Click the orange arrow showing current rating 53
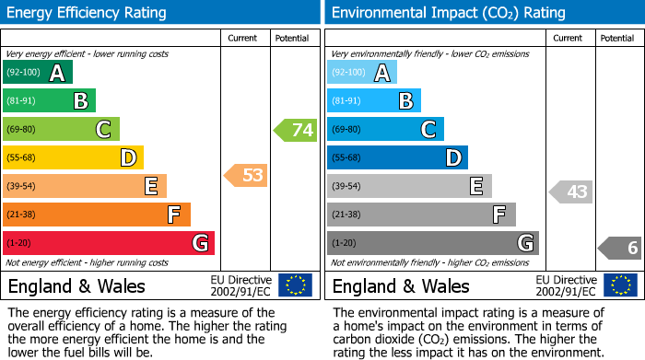click(246, 175)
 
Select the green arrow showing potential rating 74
click(296, 130)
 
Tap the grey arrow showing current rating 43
click(570, 192)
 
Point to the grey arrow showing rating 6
click(620, 248)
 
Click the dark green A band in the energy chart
click(38, 73)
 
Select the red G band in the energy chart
click(109, 243)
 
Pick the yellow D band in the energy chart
click(74, 158)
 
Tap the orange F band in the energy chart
click(97, 215)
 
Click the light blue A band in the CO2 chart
click(362, 73)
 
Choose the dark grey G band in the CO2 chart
click(432, 243)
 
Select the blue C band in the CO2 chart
click(385, 130)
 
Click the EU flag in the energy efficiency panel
click(296, 285)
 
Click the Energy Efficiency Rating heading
click(88, 13)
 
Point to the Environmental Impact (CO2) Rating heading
click(448, 13)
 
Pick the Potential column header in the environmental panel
click(616, 38)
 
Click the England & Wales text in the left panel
click(72, 285)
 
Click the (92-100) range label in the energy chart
click(25, 73)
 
